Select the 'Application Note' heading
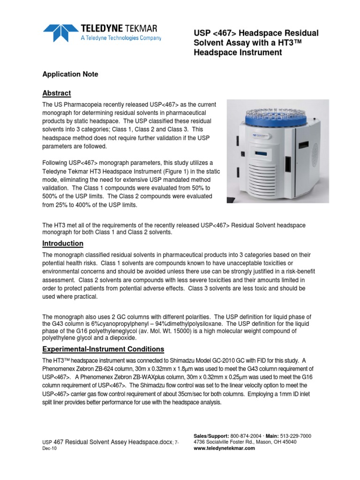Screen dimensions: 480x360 [x=70, y=75]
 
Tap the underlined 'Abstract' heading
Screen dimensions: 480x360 [x=57, y=93]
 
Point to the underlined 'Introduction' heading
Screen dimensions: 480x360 [x=63, y=244]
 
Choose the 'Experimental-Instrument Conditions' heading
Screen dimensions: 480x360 [x=103, y=349]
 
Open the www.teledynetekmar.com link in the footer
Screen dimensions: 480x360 [x=224, y=448]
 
